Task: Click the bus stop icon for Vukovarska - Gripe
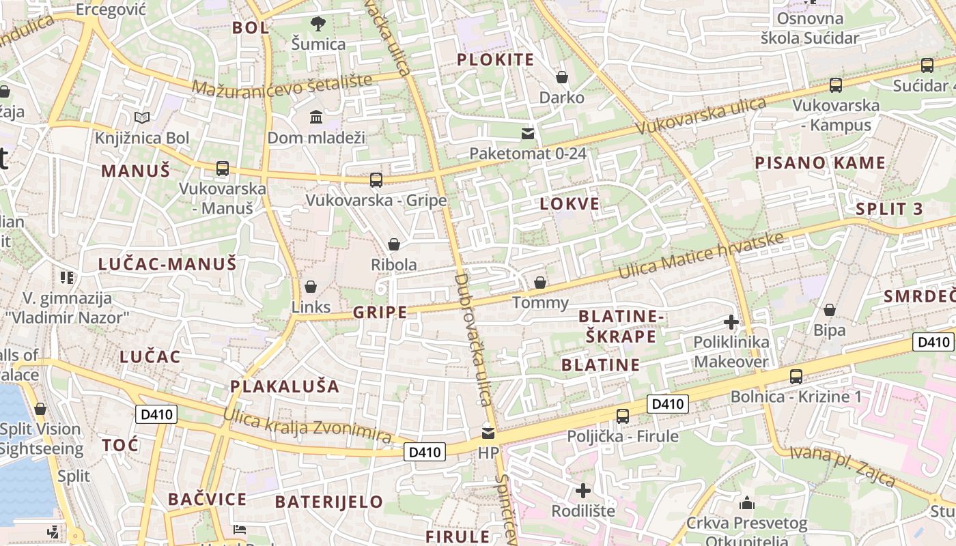(x=376, y=180)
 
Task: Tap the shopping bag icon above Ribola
(x=394, y=244)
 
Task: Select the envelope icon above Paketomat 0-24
(x=528, y=133)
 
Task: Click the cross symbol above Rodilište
(x=582, y=490)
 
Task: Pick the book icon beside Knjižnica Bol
(x=142, y=118)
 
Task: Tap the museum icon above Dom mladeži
(x=316, y=117)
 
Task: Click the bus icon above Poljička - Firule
(x=622, y=416)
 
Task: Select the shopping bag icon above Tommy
(x=540, y=282)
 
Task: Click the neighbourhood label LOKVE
(x=570, y=203)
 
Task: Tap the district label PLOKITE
(x=495, y=59)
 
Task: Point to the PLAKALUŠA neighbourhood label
(x=284, y=386)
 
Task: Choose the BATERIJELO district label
(x=329, y=502)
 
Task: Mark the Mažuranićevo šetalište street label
(x=282, y=85)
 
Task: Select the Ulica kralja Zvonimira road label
(x=307, y=425)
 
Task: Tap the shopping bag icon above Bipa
(x=830, y=310)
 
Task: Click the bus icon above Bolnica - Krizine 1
(x=796, y=376)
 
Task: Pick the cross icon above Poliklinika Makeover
(x=731, y=321)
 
